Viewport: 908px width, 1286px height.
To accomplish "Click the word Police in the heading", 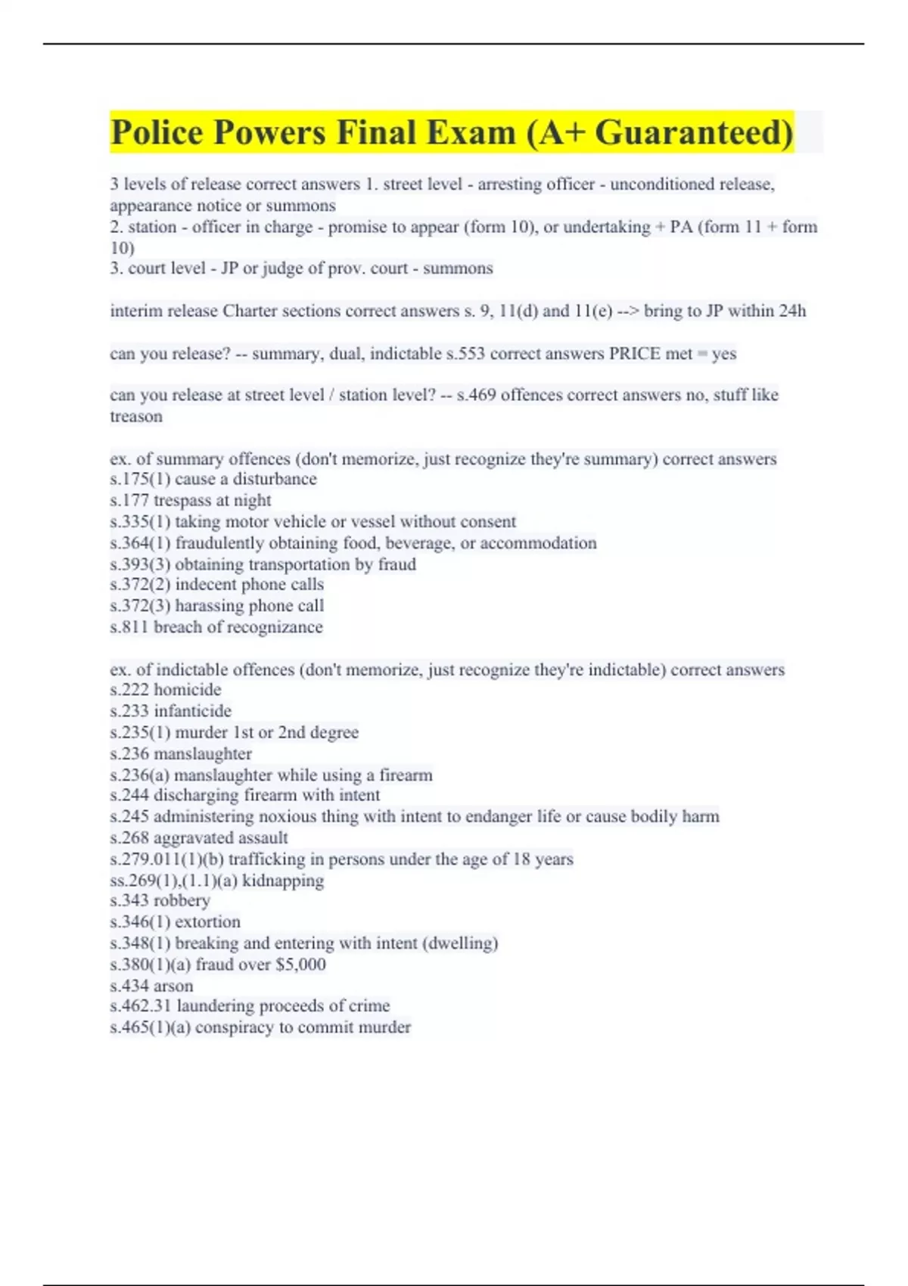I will tap(157, 133).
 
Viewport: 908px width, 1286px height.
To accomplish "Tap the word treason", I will tap(136, 416).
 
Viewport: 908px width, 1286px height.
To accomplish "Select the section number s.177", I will tap(129, 500).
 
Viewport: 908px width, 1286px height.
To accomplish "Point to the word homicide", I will tap(188, 689).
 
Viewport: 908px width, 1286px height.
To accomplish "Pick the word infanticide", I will tap(192, 710).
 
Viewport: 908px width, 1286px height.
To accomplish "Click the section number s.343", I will tap(129, 900).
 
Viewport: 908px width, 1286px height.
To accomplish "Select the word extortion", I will tap(207, 921).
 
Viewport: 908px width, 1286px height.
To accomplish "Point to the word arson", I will tap(173, 986).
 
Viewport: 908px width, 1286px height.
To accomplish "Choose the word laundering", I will tap(213, 1005).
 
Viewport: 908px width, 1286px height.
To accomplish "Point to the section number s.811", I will tap(129, 626).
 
